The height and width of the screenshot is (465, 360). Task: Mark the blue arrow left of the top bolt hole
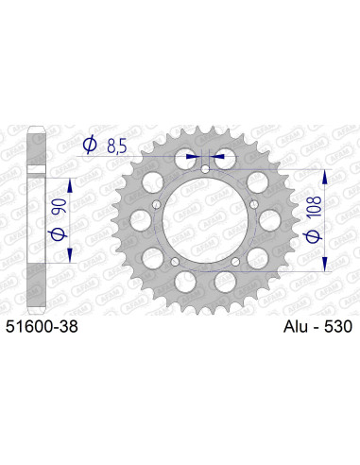(193, 157)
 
